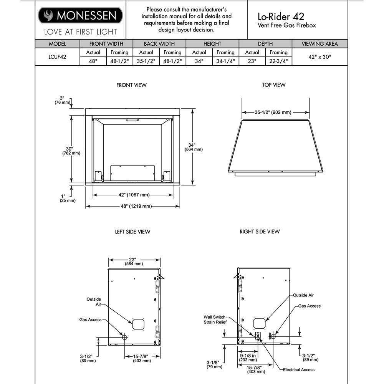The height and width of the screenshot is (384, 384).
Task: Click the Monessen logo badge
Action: pyautogui.click(x=80, y=15)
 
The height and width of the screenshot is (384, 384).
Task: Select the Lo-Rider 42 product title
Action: pyautogui.click(x=281, y=17)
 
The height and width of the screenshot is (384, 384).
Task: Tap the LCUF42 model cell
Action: pyautogui.click(x=58, y=56)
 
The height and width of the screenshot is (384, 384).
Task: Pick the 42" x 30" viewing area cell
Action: pyautogui.click(x=319, y=56)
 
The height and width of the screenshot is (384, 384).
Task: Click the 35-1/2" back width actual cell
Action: pyautogui.click(x=146, y=61)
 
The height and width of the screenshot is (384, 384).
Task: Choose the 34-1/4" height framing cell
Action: pyautogui.click(x=225, y=61)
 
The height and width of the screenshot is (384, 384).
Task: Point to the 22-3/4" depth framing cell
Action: pyautogui.click(x=278, y=61)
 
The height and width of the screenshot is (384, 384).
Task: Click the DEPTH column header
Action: pyautogui.click(x=265, y=44)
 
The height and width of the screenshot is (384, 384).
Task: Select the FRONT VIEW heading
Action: pyautogui.click(x=131, y=85)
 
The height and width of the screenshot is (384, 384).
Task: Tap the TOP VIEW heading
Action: pyautogui.click(x=274, y=85)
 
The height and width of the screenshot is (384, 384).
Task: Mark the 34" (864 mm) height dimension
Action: pyautogui.click(x=194, y=147)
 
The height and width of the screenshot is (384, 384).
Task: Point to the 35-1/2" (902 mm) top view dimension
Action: pyautogui.click(x=273, y=113)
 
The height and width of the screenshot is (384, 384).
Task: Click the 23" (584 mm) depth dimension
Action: pyautogui.click(x=134, y=262)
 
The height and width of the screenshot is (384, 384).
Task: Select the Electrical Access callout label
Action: pyautogui.click(x=298, y=370)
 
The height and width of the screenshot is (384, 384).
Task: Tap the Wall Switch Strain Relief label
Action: pyautogui.click(x=215, y=319)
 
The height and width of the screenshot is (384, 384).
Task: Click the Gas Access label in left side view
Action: pyautogui.click(x=91, y=319)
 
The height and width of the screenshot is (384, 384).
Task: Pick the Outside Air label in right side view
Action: pyautogui.click(x=303, y=295)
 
